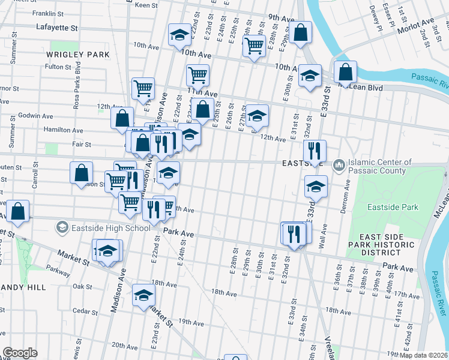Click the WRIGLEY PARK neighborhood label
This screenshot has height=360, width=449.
pos(77,55)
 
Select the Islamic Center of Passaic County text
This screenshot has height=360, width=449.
pos(380,167)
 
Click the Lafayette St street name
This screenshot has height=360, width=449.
pos(57,28)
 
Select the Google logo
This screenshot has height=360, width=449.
pos(19,353)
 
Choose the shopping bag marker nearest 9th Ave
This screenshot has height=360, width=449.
pos(301,33)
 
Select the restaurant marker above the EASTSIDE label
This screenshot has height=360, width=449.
pos(314,151)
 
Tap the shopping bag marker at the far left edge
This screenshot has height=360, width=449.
pos(19,212)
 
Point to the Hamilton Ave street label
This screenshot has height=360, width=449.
pos(62,130)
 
